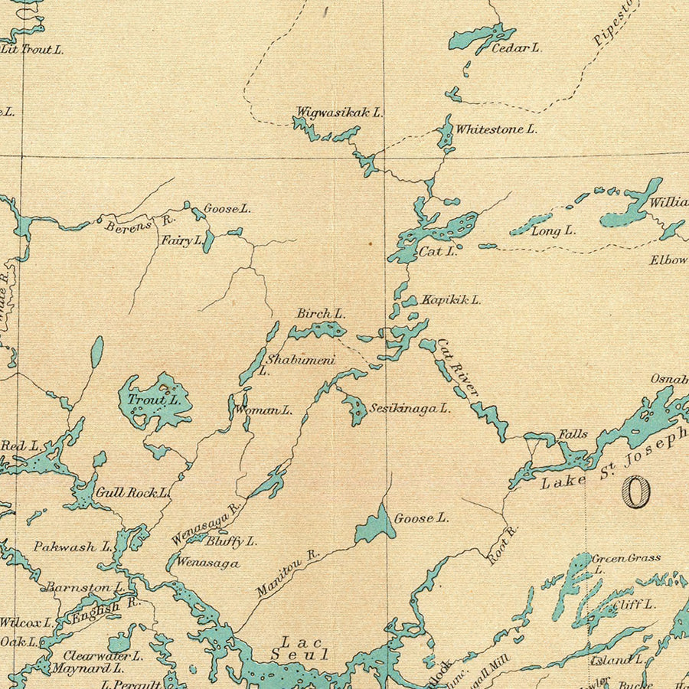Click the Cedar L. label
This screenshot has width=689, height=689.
click(x=516, y=48)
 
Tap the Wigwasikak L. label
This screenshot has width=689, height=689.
click(x=339, y=113)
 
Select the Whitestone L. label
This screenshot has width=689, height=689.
click(x=496, y=129)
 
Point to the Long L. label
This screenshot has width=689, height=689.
click(x=553, y=231)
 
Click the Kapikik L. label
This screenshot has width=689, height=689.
click(x=451, y=300)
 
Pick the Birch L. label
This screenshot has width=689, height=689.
click(x=321, y=314)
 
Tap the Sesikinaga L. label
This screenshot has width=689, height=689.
click(x=410, y=409)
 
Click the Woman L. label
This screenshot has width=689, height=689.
click(x=263, y=410)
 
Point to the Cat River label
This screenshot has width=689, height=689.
click(x=458, y=368)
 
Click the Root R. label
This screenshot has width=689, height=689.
click(x=503, y=545)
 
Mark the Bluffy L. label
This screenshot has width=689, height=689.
click(x=230, y=541)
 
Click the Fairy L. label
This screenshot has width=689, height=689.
click(x=181, y=240)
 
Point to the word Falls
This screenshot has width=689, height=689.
click(x=573, y=434)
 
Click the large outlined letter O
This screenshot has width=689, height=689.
click(x=636, y=491)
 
